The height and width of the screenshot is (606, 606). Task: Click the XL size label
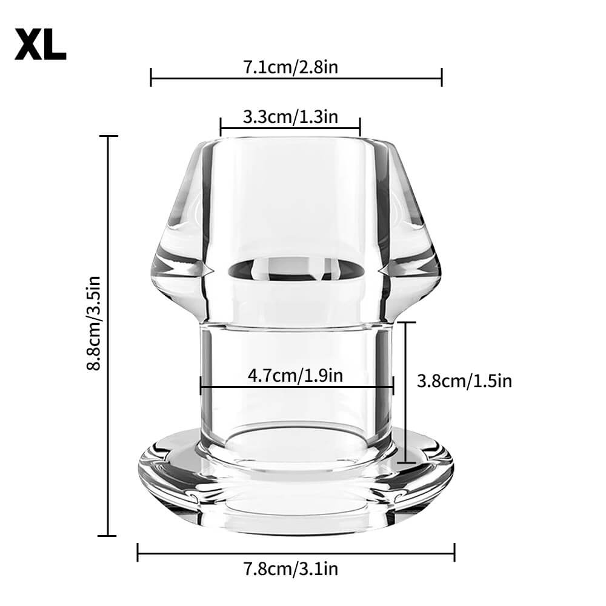coord(40,44)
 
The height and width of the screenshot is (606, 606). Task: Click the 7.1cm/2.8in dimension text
coord(290,67)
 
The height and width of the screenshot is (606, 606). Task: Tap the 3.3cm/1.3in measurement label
coord(290,117)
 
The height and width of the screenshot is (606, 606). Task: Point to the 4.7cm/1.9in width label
coord(296,376)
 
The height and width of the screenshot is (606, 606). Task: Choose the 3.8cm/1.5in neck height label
coord(464,381)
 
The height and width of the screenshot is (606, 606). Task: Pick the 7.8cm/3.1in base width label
coord(290,569)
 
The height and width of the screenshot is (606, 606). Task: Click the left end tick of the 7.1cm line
coord(151,77)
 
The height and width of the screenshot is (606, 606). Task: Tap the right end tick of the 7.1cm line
coord(442,77)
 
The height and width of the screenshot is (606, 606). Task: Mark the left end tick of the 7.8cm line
coord(138,553)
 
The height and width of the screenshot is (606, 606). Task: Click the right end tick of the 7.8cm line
coord(454,553)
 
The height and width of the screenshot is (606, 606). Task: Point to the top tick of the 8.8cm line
coord(108,136)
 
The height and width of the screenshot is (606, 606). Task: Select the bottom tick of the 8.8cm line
coord(108,535)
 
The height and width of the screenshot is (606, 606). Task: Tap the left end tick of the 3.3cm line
coord(221,127)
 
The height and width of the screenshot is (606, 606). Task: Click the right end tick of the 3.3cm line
coord(360,127)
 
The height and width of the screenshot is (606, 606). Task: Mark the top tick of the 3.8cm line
coord(406,323)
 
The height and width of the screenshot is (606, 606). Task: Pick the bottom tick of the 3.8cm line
coord(406,463)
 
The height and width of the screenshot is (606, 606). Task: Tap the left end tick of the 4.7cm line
coord(201,385)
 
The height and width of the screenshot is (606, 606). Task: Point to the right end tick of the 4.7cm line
coord(393,385)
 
